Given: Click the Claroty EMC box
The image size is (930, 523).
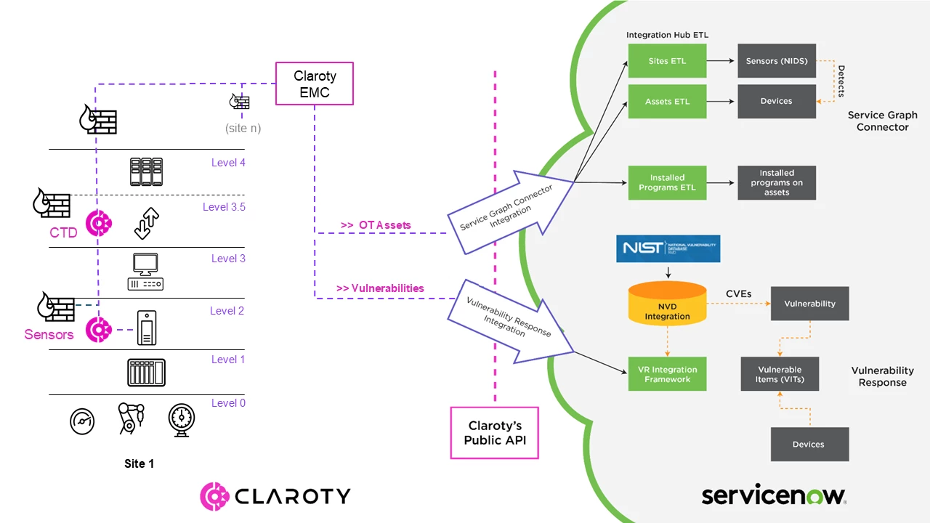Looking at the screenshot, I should pyautogui.click(x=315, y=84).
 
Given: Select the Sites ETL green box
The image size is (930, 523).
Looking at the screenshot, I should pyautogui.click(x=667, y=61).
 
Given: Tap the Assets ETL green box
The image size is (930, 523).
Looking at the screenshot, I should pyautogui.click(x=667, y=102).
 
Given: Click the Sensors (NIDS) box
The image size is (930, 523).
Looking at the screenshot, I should pyautogui.click(x=777, y=61).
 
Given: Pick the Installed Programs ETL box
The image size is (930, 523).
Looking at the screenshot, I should pyautogui.click(x=667, y=183).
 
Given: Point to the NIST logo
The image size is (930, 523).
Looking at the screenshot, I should pyautogui.click(x=668, y=248).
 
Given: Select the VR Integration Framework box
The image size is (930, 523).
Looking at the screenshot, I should pyautogui.click(x=667, y=374).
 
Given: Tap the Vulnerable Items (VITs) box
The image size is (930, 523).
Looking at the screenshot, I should pyautogui.click(x=780, y=374).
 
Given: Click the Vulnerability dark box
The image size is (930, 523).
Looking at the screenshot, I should pyautogui.click(x=809, y=304).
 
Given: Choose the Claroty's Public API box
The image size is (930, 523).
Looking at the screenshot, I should pyautogui.click(x=495, y=432).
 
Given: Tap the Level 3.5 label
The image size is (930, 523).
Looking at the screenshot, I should pyautogui.click(x=224, y=207).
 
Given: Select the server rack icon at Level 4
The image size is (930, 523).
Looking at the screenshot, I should pyautogui.click(x=146, y=171).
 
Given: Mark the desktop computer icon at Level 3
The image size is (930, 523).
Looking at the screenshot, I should pyautogui.click(x=145, y=271).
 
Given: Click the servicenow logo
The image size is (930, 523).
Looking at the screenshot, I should pyautogui.click(x=773, y=495).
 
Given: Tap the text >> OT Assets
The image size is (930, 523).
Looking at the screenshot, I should pyautogui.click(x=375, y=225).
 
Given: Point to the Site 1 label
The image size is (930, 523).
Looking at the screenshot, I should pyautogui.click(x=138, y=463).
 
